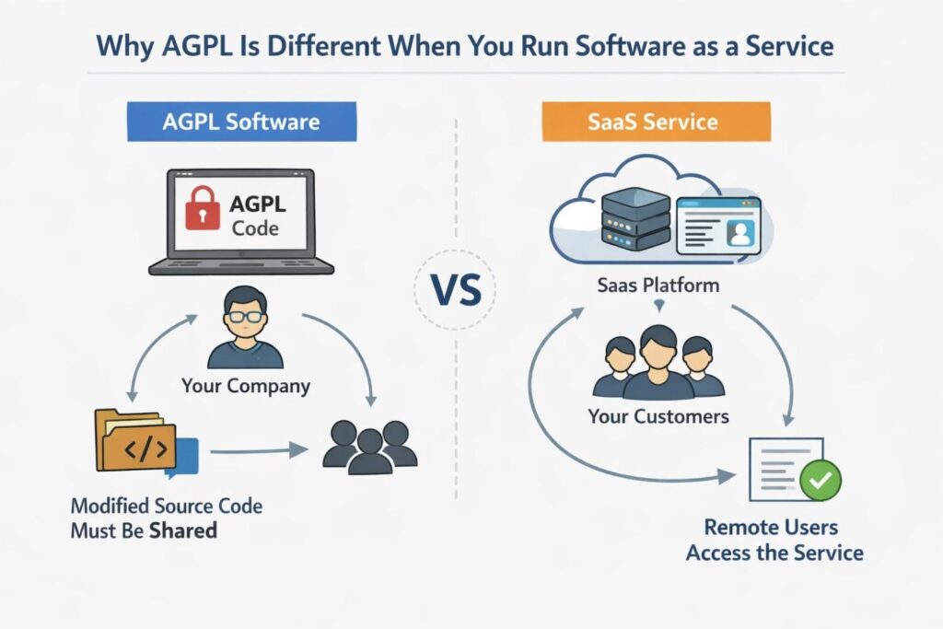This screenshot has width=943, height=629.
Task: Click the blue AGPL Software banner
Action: [x=241, y=122]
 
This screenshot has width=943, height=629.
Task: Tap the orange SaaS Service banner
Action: [x=656, y=122]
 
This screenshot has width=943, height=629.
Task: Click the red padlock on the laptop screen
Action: [x=204, y=210]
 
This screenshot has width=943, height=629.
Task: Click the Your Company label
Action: [x=245, y=385]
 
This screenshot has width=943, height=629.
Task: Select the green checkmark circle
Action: [x=820, y=479]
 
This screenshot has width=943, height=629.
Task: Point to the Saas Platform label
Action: [x=658, y=285]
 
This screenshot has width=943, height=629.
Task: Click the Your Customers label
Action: [x=658, y=416]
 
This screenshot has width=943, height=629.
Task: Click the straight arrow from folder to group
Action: [x=258, y=450]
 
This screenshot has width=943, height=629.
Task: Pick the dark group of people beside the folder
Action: [x=370, y=446]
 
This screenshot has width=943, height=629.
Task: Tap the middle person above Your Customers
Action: [x=658, y=362]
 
